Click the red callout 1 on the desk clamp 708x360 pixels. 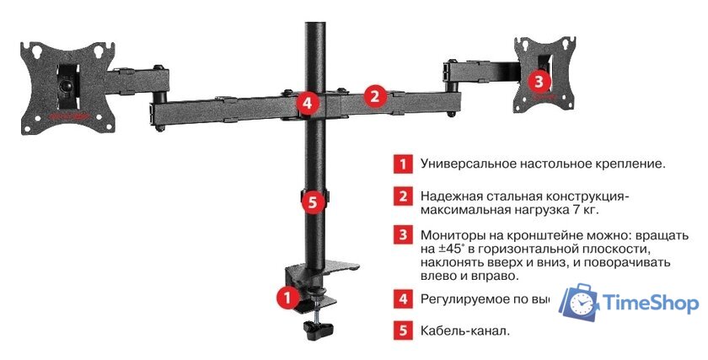287,297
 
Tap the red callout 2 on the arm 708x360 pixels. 375,96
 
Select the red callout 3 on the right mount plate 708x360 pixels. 539,81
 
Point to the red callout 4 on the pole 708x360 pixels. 308,104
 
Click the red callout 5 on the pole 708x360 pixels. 313,201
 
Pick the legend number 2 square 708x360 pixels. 405,196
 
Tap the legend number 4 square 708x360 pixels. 405,298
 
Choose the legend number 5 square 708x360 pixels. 405,330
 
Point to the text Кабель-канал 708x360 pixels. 465,330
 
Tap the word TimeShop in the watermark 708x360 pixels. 652,304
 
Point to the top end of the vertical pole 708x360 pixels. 314,7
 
